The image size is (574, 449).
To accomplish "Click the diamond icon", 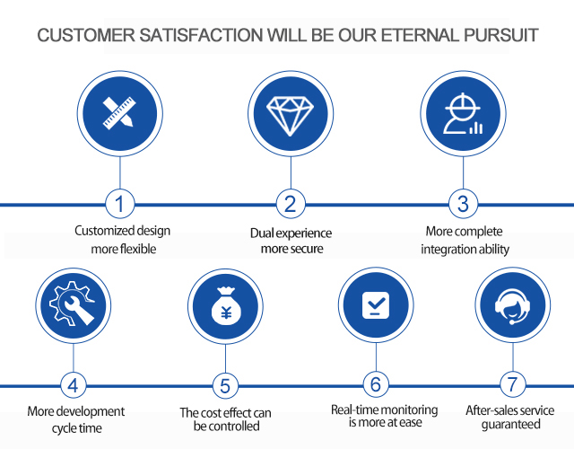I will [x=290, y=114].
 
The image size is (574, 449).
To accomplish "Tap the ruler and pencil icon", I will [x=119, y=114].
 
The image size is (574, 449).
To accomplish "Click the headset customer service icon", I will [x=512, y=307].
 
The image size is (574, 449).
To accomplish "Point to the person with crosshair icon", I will [x=462, y=114].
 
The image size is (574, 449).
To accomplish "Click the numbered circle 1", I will [x=119, y=204].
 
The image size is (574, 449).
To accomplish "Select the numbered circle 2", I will [x=290, y=204].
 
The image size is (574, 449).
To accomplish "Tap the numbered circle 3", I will [x=462, y=204].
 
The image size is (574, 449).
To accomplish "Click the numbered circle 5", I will [x=224, y=387].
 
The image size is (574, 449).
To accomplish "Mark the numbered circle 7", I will [x=512, y=385].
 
